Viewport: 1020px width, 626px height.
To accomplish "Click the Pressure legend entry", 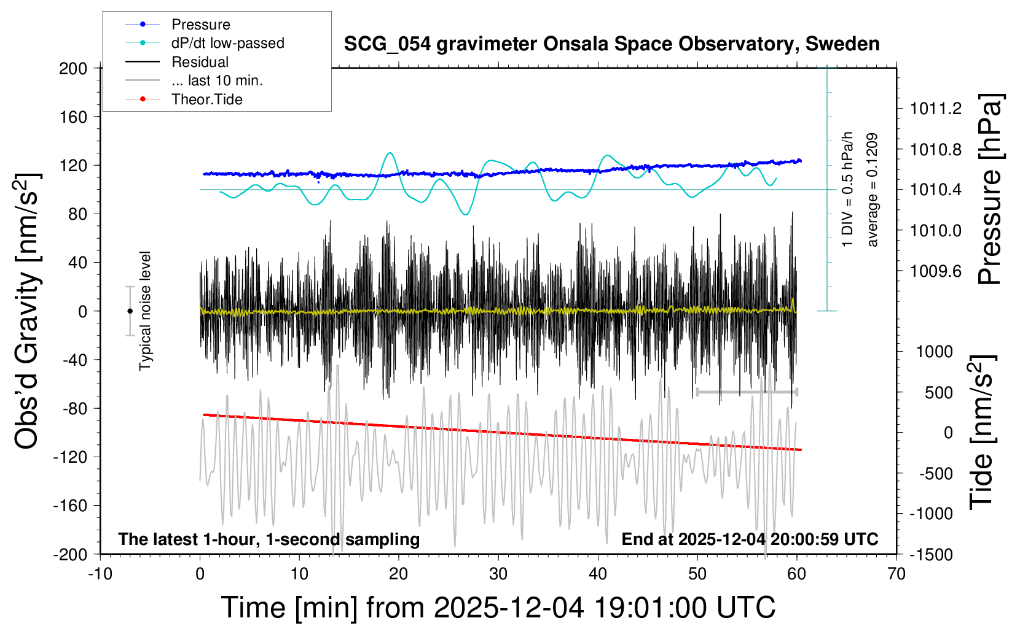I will point(200,25).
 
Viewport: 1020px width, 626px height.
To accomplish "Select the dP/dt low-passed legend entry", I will point(227,43).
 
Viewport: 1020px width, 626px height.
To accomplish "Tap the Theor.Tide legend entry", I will point(206,99).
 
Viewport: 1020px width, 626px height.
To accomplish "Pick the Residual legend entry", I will point(200,62).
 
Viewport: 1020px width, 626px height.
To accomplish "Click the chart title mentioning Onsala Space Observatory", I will point(611,44).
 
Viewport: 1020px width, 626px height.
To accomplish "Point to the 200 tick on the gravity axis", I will point(73,68).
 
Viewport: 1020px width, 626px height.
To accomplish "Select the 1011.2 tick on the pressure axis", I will point(936,109).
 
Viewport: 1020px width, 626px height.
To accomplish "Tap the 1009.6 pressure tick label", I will point(936,271).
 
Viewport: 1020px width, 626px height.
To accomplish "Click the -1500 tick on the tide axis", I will point(931,554).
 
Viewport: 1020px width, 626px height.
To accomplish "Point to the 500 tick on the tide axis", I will point(939,393).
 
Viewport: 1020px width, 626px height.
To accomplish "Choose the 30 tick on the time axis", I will point(498,574).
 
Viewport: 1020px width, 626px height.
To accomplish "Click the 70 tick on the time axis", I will point(896,574).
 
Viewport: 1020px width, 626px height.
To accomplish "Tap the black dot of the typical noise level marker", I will point(130,311).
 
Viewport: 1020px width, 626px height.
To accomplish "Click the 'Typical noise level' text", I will point(145,311).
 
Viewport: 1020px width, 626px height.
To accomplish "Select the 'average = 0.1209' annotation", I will point(873,190).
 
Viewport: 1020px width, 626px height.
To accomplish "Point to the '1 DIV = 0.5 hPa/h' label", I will point(848,189).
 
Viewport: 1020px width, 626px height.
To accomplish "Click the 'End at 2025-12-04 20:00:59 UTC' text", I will point(750,539).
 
